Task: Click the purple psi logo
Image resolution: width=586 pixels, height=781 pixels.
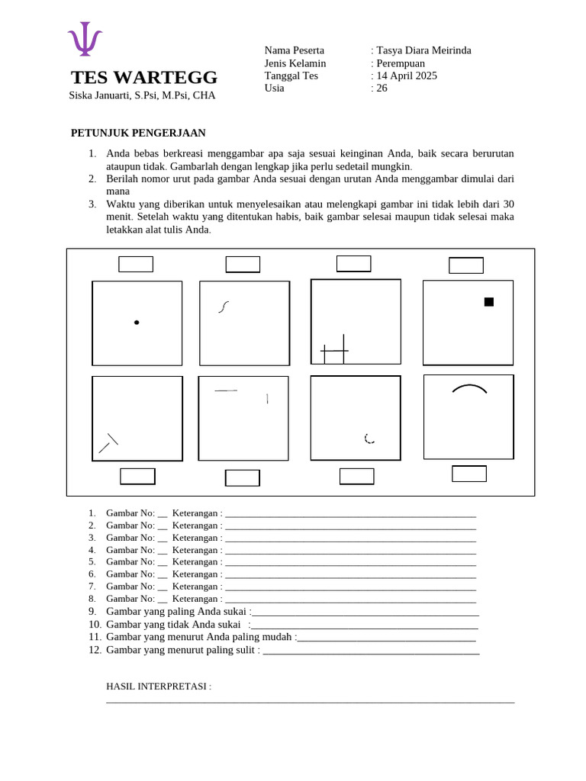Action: tap(85, 39)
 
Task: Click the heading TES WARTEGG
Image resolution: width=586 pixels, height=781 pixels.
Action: tap(144, 78)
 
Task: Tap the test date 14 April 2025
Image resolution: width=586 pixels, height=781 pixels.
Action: tap(407, 76)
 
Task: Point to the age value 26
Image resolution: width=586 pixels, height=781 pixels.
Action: tap(382, 88)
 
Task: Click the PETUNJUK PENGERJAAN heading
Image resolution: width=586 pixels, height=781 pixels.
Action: tap(138, 133)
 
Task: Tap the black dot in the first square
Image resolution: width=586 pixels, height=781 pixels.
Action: tap(137, 323)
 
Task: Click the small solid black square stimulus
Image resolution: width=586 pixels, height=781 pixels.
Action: tap(489, 302)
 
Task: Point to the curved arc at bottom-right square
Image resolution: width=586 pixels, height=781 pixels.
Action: tap(469, 388)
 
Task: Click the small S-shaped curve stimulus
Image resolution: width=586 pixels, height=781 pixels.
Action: tap(224, 307)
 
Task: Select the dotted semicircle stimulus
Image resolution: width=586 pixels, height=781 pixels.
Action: tap(369, 439)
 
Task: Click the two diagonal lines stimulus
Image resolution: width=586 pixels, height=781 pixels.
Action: tap(108, 443)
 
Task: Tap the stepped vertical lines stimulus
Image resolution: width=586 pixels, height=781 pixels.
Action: tap(335, 350)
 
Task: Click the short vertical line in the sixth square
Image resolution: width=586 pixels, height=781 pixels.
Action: tap(267, 398)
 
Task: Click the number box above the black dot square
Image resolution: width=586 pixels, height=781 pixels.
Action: tap(136, 264)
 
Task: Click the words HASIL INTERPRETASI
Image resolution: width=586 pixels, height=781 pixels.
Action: tap(158, 686)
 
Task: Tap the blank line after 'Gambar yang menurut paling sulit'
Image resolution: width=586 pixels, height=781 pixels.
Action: tap(370, 651)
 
